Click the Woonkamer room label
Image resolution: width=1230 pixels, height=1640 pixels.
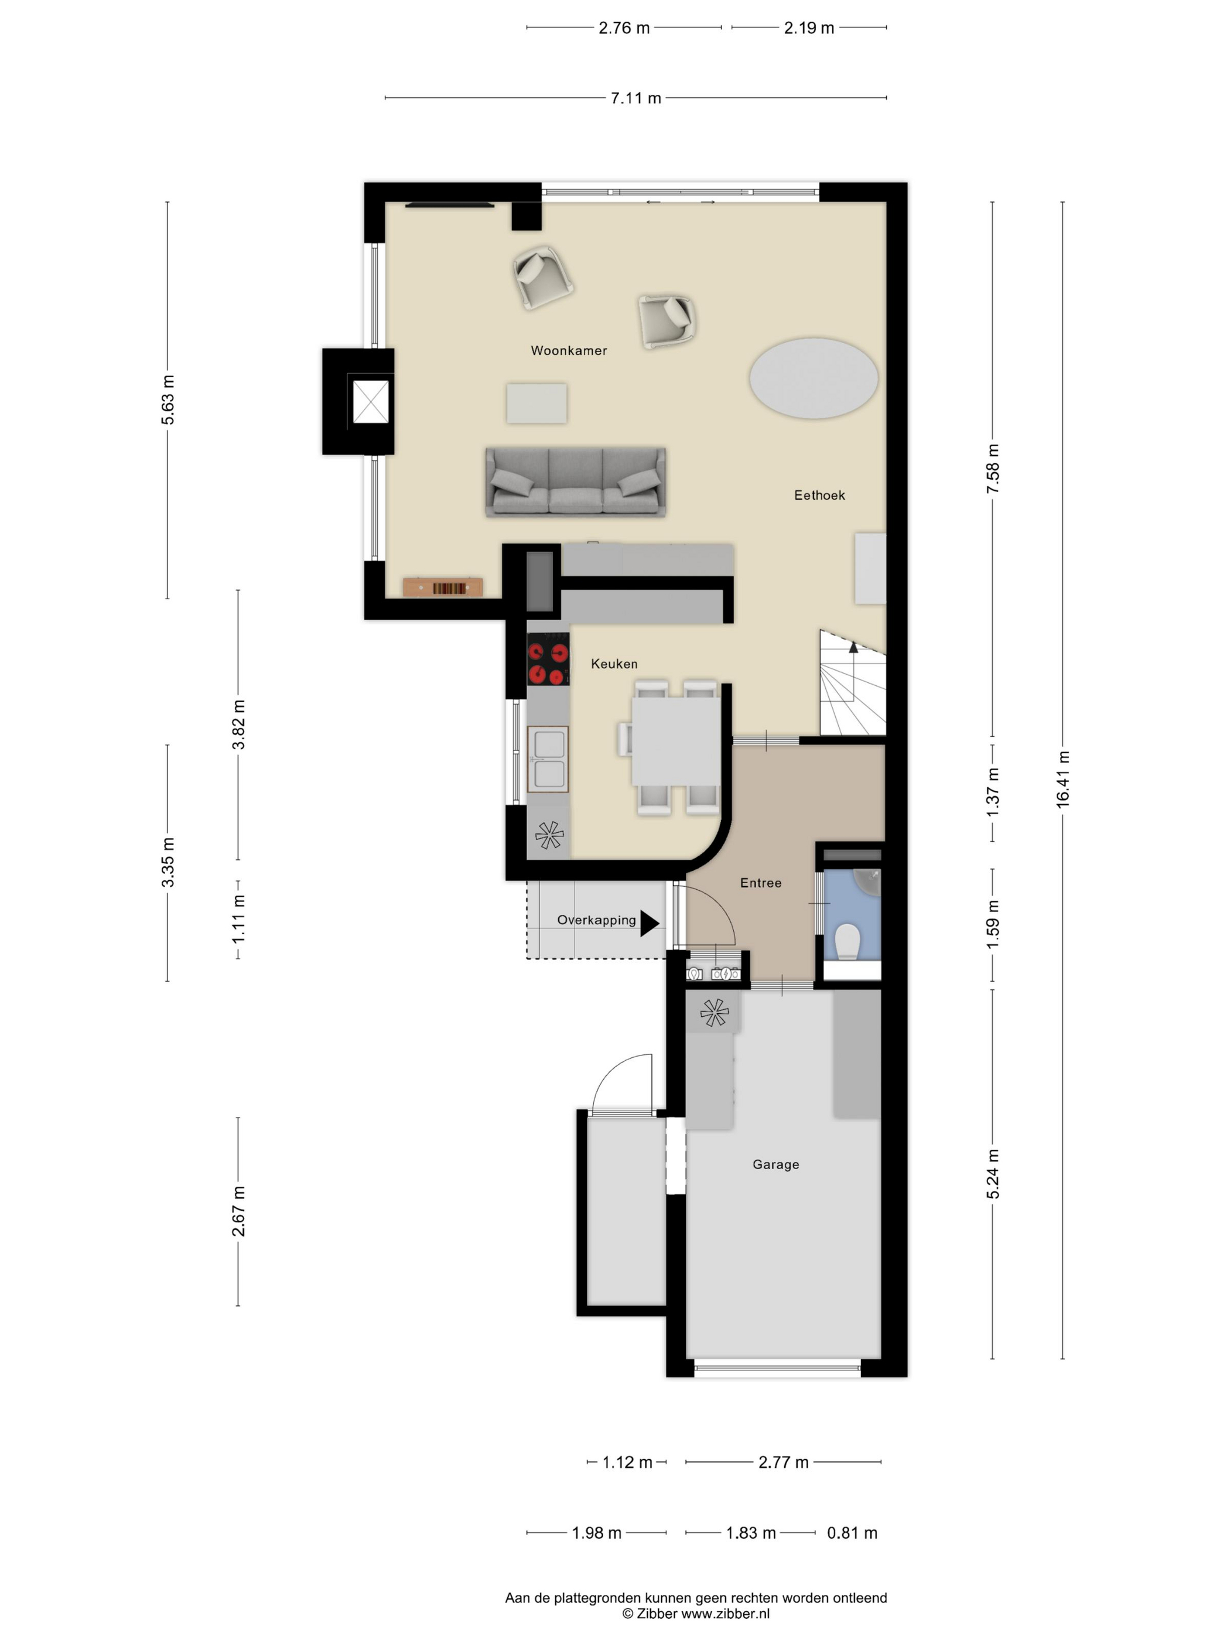[x=569, y=351]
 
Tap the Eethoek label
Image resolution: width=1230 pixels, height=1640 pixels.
[x=819, y=496]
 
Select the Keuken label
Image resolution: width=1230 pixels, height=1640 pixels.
[x=614, y=664]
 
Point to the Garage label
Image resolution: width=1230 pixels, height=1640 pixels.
[x=775, y=1164]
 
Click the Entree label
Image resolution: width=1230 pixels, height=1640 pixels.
[x=761, y=882]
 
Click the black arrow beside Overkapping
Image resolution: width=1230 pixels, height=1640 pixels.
[x=650, y=922]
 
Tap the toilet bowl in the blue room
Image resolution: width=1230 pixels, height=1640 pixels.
[x=847, y=942]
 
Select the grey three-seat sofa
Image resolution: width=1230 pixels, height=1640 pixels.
[x=575, y=481]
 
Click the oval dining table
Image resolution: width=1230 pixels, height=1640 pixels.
[x=814, y=378]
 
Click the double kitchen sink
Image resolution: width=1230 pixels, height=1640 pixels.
[x=548, y=758]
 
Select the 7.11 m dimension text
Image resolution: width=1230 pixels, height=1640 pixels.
[x=635, y=98]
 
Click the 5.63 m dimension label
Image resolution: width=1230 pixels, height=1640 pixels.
[x=168, y=401]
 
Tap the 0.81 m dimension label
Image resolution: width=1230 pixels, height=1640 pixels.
[x=852, y=1532]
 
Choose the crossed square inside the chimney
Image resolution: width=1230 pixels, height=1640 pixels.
[x=370, y=401]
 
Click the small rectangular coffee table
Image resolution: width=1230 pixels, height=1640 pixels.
[x=537, y=404]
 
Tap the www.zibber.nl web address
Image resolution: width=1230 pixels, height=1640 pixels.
[x=725, y=1613]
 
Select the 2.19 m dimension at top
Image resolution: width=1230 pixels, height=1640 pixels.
[x=809, y=28]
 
